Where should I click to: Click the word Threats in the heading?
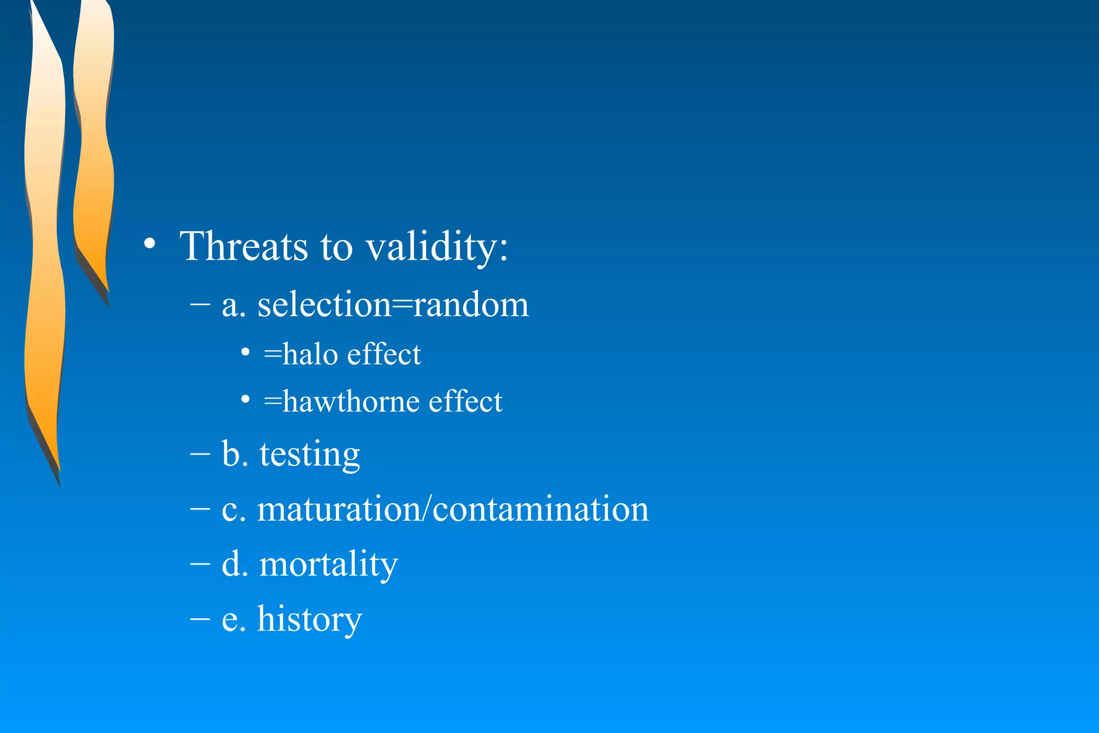coord(244,246)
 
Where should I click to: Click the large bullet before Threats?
coord(150,244)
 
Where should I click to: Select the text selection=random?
coord(393,305)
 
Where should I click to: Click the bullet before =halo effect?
coord(245,353)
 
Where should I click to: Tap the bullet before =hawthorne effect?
coord(245,399)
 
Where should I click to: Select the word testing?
coord(310,455)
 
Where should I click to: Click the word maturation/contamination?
coord(453,509)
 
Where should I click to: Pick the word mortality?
coord(328,565)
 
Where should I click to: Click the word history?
coord(310,619)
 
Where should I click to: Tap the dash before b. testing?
coord(200,454)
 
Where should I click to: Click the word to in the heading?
coord(336,247)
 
